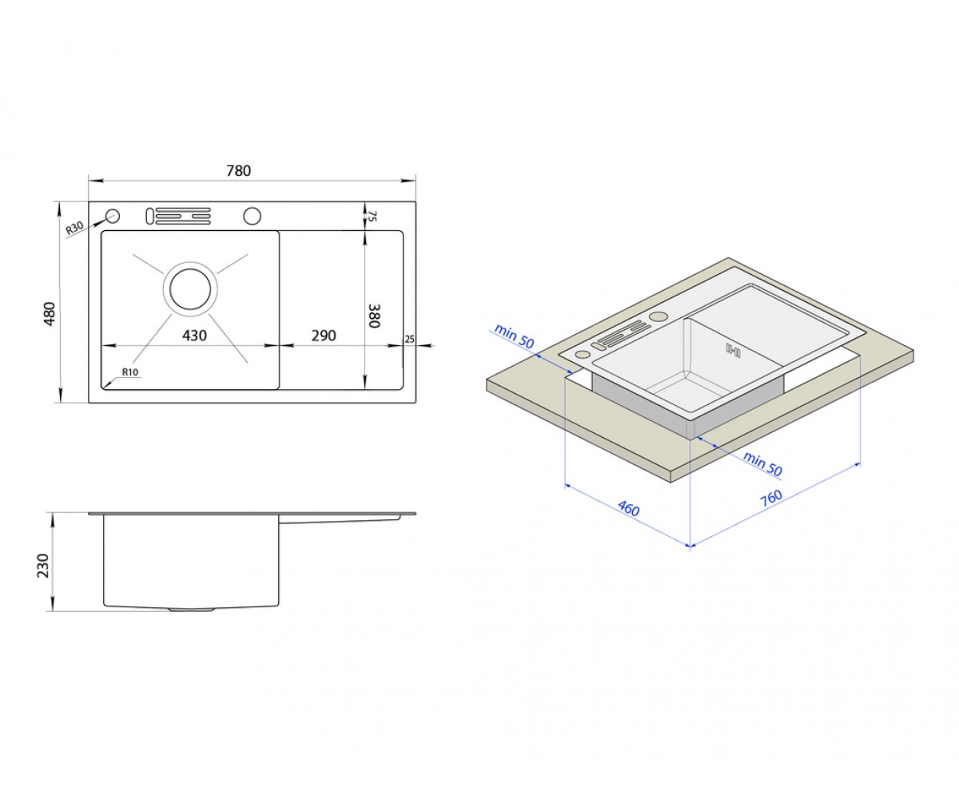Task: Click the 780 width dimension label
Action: pyautogui.click(x=239, y=171)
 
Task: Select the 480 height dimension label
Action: pyautogui.click(x=49, y=314)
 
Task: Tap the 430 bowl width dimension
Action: pyautogui.click(x=194, y=336)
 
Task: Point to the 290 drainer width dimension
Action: pyautogui.click(x=324, y=336)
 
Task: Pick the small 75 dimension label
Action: pyautogui.click(x=372, y=217)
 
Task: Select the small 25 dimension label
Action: pyautogui.click(x=409, y=339)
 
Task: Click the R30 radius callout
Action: pyautogui.click(x=74, y=229)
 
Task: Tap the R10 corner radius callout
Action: pyautogui.click(x=130, y=372)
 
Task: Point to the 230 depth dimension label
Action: pyautogui.click(x=42, y=566)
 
